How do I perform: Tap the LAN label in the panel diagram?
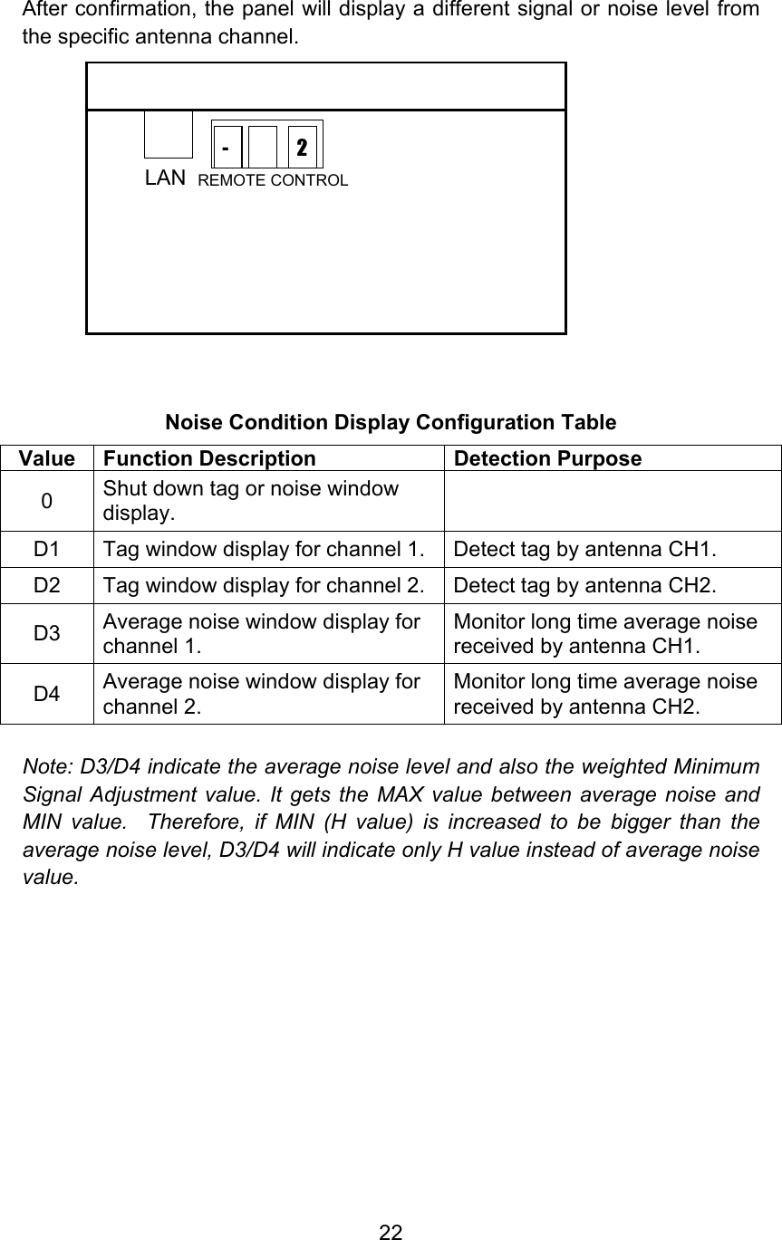point(166,178)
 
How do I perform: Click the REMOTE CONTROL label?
point(273,180)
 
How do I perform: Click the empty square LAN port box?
point(169,134)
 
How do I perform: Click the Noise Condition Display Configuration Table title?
point(391,423)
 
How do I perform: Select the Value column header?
point(46,458)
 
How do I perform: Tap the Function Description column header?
point(209,458)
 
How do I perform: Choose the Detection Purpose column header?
point(547,458)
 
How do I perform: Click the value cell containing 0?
point(46,500)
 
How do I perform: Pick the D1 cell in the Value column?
point(46,548)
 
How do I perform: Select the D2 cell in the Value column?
point(46,586)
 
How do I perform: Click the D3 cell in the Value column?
point(46,632)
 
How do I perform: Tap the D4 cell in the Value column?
point(46,694)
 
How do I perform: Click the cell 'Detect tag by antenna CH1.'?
point(584,548)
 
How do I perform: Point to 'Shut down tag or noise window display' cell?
point(250,500)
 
